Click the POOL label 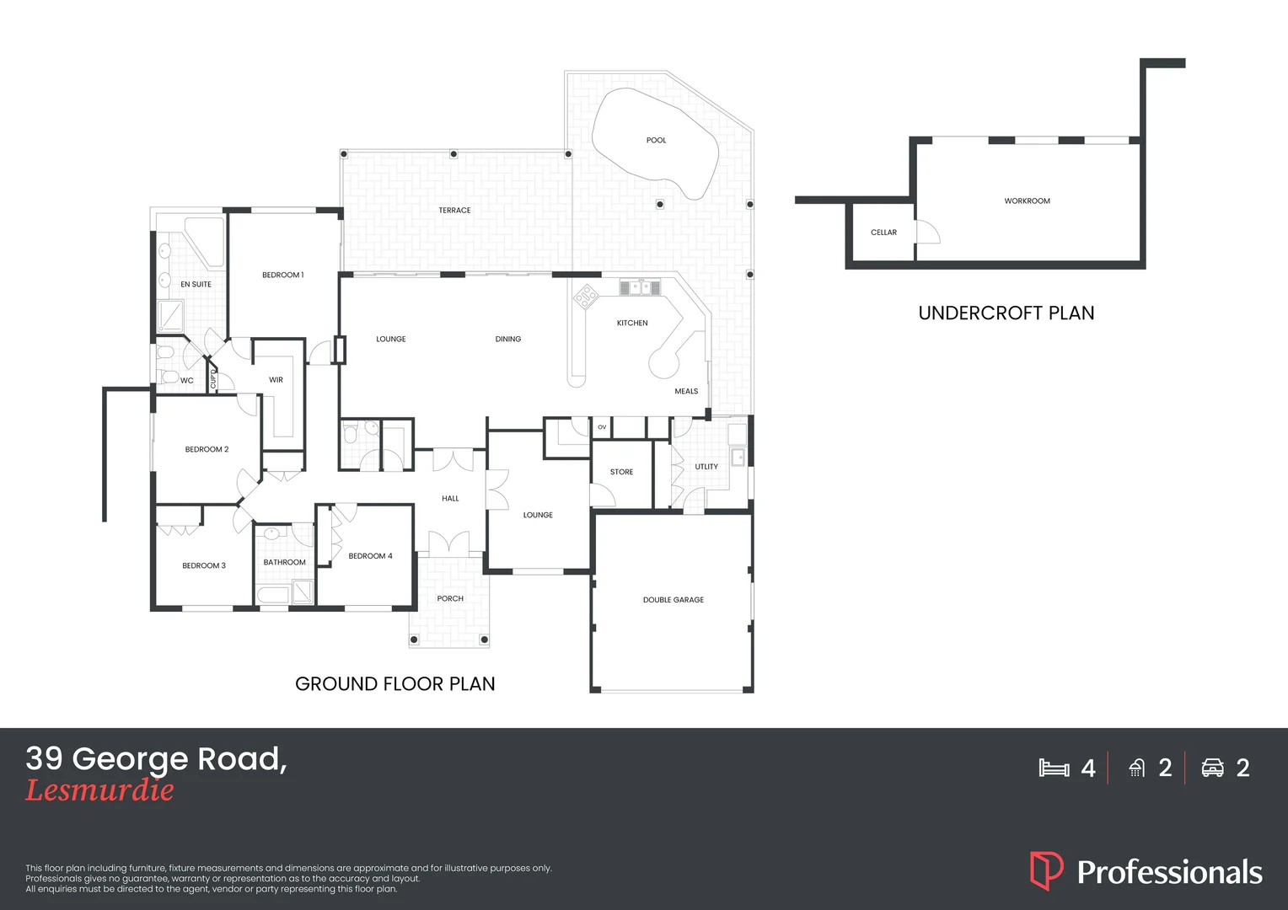pos(656,141)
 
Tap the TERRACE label pos(454,211)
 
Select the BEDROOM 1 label pos(282,276)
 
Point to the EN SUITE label pos(196,285)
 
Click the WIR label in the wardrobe pos(276,380)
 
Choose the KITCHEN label pos(632,324)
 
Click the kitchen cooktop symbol pos(586,297)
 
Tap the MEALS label pos(686,392)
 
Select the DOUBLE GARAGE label pos(673,600)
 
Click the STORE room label pos(621,473)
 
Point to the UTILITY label pos(706,467)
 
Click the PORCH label pos(450,599)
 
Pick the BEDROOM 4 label pos(370,556)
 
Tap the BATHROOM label pos(284,563)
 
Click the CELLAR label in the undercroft pos(883,233)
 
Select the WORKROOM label pos(1027,201)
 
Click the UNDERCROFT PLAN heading pos(1006,313)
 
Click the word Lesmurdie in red pos(99,790)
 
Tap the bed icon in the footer pos(1054,768)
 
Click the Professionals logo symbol pos(1046,870)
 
